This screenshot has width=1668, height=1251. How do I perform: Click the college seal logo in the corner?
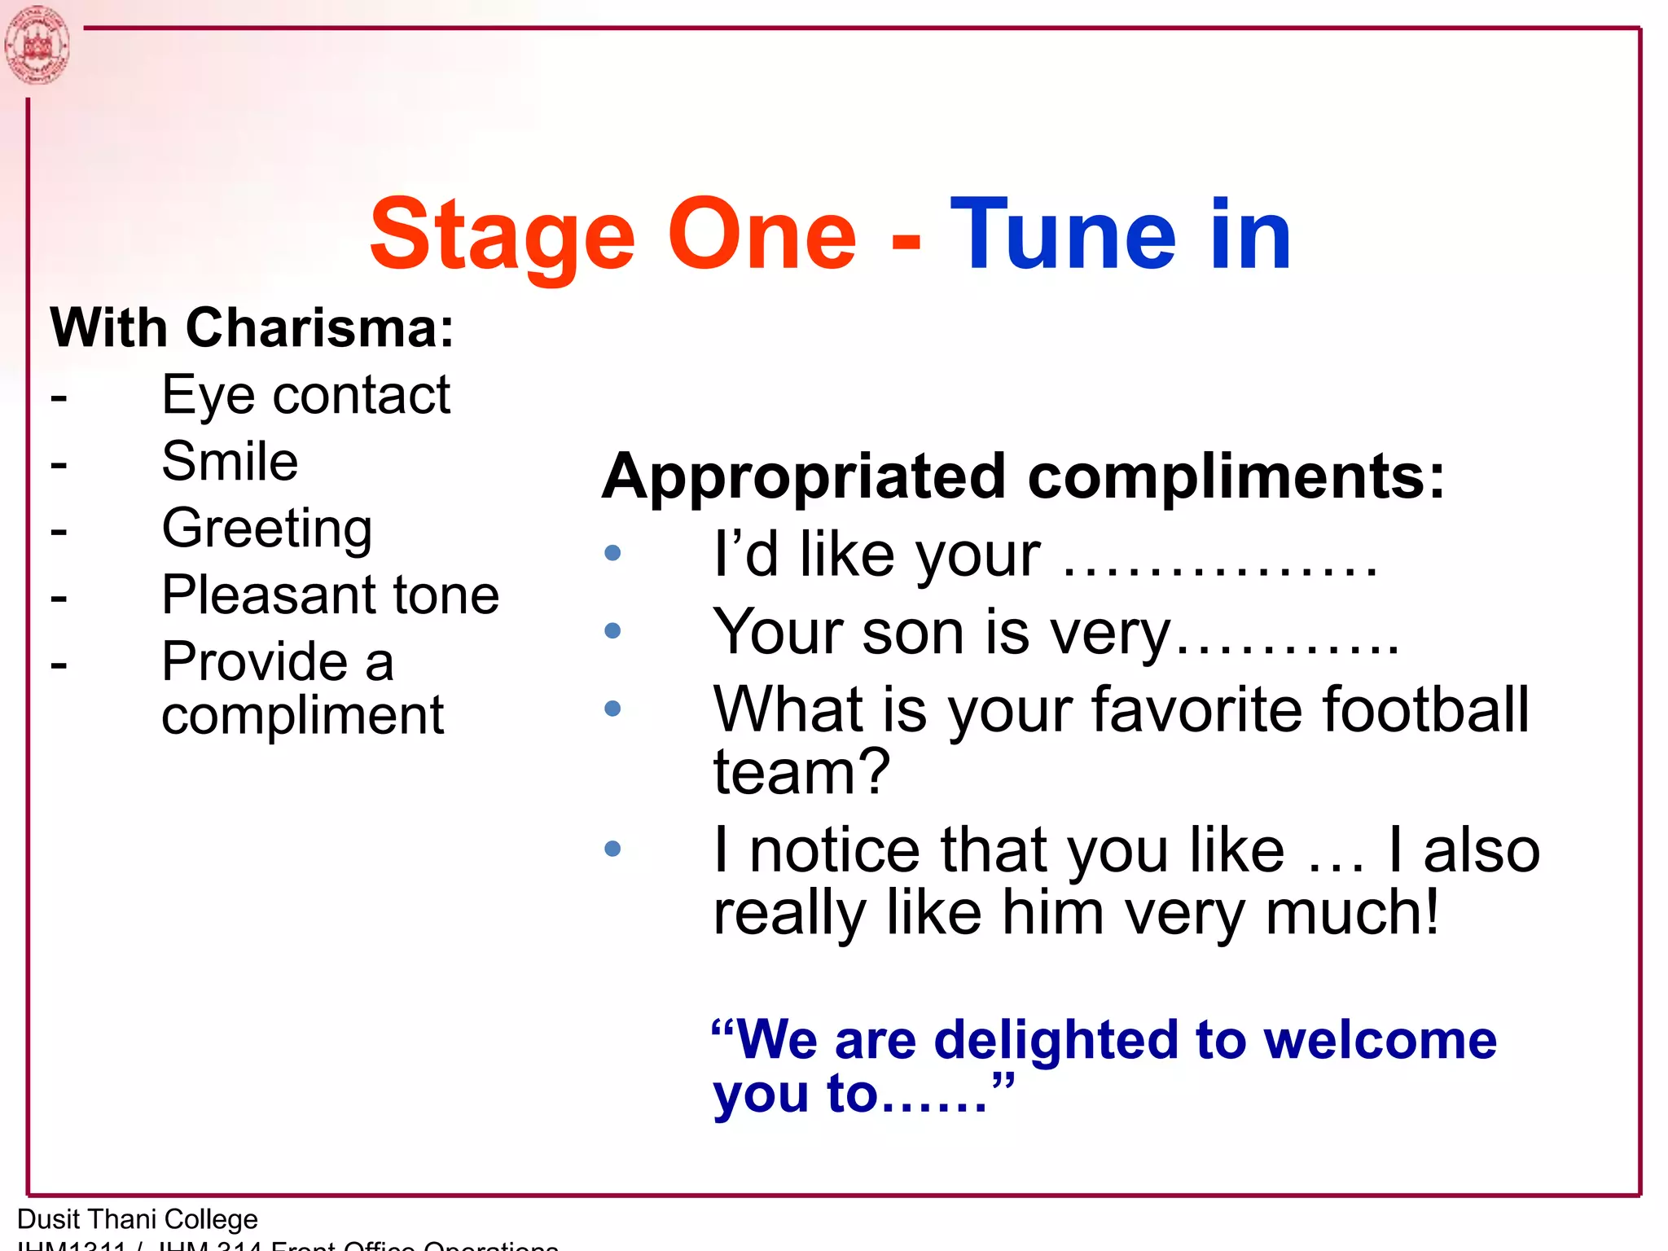(36, 45)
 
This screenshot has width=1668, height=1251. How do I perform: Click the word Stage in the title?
(501, 236)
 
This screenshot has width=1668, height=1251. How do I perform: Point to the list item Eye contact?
(305, 396)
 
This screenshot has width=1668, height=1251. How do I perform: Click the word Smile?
(230, 462)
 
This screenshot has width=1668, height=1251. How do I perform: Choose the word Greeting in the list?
(267, 529)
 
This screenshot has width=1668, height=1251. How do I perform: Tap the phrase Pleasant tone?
(330, 595)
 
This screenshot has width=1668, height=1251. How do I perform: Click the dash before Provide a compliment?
(59, 664)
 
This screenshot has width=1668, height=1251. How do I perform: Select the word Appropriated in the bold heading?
(803, 478)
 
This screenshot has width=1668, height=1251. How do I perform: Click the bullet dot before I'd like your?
(612, 554)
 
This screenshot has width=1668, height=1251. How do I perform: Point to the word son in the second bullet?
(912, 633)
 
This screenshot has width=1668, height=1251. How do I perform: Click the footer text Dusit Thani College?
(138, 1219)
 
